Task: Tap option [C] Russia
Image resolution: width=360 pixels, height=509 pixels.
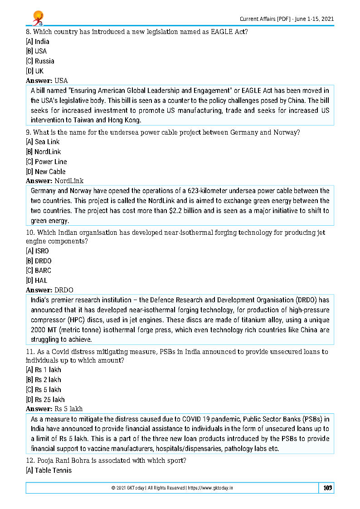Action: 40,61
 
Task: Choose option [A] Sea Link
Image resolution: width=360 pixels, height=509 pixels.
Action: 43,142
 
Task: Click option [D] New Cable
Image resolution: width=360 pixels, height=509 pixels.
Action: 45,172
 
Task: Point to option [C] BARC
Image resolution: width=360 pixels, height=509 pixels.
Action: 39,271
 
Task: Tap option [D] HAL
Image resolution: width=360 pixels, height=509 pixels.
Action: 36,281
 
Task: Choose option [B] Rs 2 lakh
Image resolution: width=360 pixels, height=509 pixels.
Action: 43,380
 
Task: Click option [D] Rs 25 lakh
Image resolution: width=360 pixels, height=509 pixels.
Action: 45,400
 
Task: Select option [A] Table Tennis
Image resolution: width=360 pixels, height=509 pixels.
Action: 49,470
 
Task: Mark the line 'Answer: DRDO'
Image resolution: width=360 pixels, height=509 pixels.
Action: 49,290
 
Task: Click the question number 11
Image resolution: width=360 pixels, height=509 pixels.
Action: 29,352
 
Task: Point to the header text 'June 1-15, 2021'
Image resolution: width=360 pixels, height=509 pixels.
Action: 313,19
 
